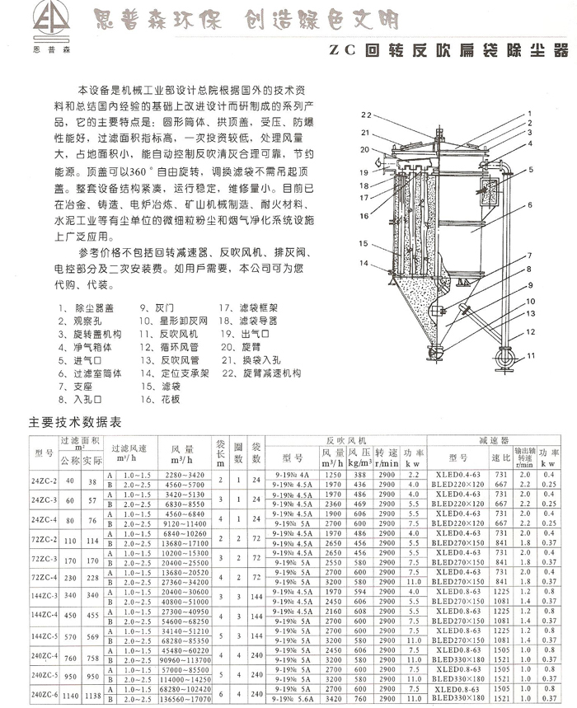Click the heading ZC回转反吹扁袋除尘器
pos(448,50)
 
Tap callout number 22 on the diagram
pos(367,114)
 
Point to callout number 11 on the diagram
pos(531,355)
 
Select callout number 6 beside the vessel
pos(531,204)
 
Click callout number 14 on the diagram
pos(363,263)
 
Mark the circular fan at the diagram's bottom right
pos(504,359)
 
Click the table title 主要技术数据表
pos(75,422)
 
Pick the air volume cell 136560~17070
pos(187,701)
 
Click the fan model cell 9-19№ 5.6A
pos(292,701)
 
